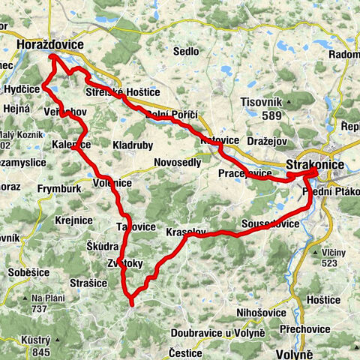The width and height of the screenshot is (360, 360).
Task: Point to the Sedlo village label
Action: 186,52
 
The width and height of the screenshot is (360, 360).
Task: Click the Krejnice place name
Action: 74,220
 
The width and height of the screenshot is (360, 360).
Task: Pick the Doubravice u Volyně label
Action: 217,332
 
